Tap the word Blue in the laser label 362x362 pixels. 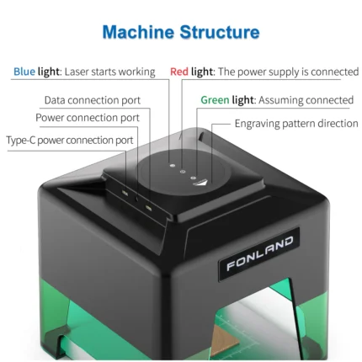tap(24, 72)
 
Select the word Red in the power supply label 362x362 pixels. tap(179, 72)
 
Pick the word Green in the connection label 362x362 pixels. tap(215, 100)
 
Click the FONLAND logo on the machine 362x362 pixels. tap(261, 254)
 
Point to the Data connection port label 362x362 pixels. tap(93, 100)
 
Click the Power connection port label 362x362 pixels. tap(88, 118)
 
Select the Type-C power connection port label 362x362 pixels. tap(70, 140)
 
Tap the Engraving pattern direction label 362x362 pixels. tap(296, 124)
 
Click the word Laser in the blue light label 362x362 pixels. tap(79, 72)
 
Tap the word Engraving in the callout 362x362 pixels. tap(260, 124)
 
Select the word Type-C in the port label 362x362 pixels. tap(23, 140)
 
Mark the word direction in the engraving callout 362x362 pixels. tap(335, 124)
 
